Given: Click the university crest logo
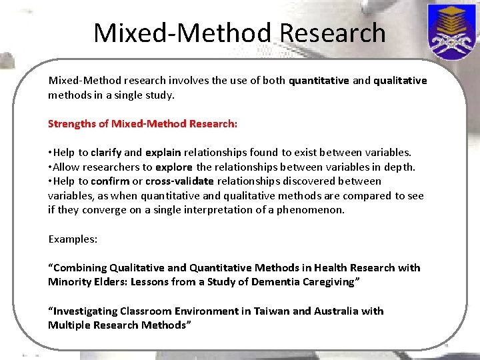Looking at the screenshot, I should coord(451,31).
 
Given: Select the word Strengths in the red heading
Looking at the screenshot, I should coord(69,124).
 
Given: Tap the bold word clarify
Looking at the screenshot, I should coord(106,153).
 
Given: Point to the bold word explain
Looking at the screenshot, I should coord(163,153).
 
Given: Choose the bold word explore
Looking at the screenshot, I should coord(174,167).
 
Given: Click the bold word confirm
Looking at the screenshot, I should coord(110,181).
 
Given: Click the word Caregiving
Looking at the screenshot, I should coord(335,282).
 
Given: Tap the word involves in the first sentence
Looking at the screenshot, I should coord(190,81).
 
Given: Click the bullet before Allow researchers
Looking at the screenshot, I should coord(50,167).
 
